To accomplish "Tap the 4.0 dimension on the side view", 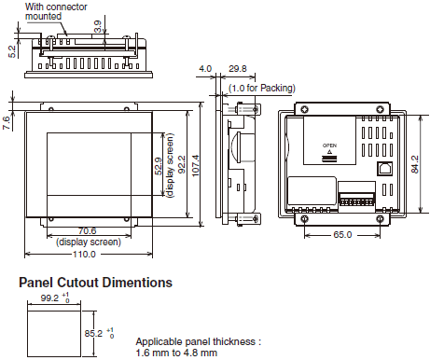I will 205,68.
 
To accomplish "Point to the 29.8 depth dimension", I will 237,68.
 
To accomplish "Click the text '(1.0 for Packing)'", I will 257,88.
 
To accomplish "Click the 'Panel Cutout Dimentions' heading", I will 95,282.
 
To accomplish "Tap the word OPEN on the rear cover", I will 328,146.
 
